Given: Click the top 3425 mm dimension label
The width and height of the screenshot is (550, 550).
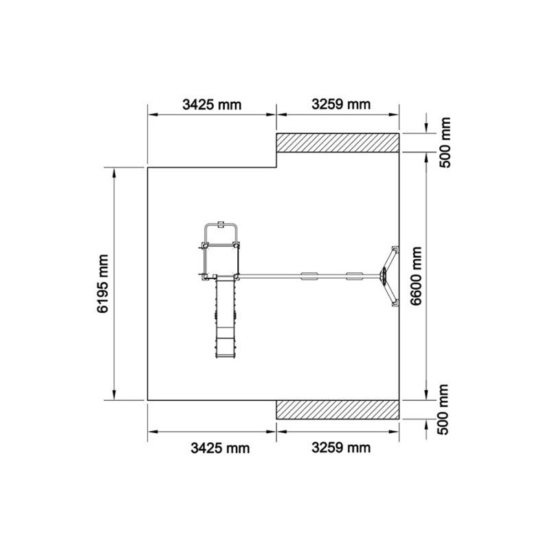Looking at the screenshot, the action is tap(212, 104).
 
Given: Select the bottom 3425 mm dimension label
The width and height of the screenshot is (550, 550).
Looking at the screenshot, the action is tap(220, 448).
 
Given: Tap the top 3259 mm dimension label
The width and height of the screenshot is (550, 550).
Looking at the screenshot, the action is tap(341, 104).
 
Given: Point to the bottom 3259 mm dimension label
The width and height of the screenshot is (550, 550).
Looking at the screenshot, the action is tap(341, 448).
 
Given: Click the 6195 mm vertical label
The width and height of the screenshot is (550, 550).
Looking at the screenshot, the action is tap(102, 283).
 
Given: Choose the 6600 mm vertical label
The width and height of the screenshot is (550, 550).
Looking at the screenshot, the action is tap(416, 276).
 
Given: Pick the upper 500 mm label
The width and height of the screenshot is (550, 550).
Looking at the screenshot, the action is tap(444, 143).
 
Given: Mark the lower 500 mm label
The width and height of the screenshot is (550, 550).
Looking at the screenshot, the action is tap(443, 409).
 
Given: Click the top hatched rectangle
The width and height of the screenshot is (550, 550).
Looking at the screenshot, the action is tap(338, 143).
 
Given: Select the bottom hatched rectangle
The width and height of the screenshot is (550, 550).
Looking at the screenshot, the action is tap(338, 409).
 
